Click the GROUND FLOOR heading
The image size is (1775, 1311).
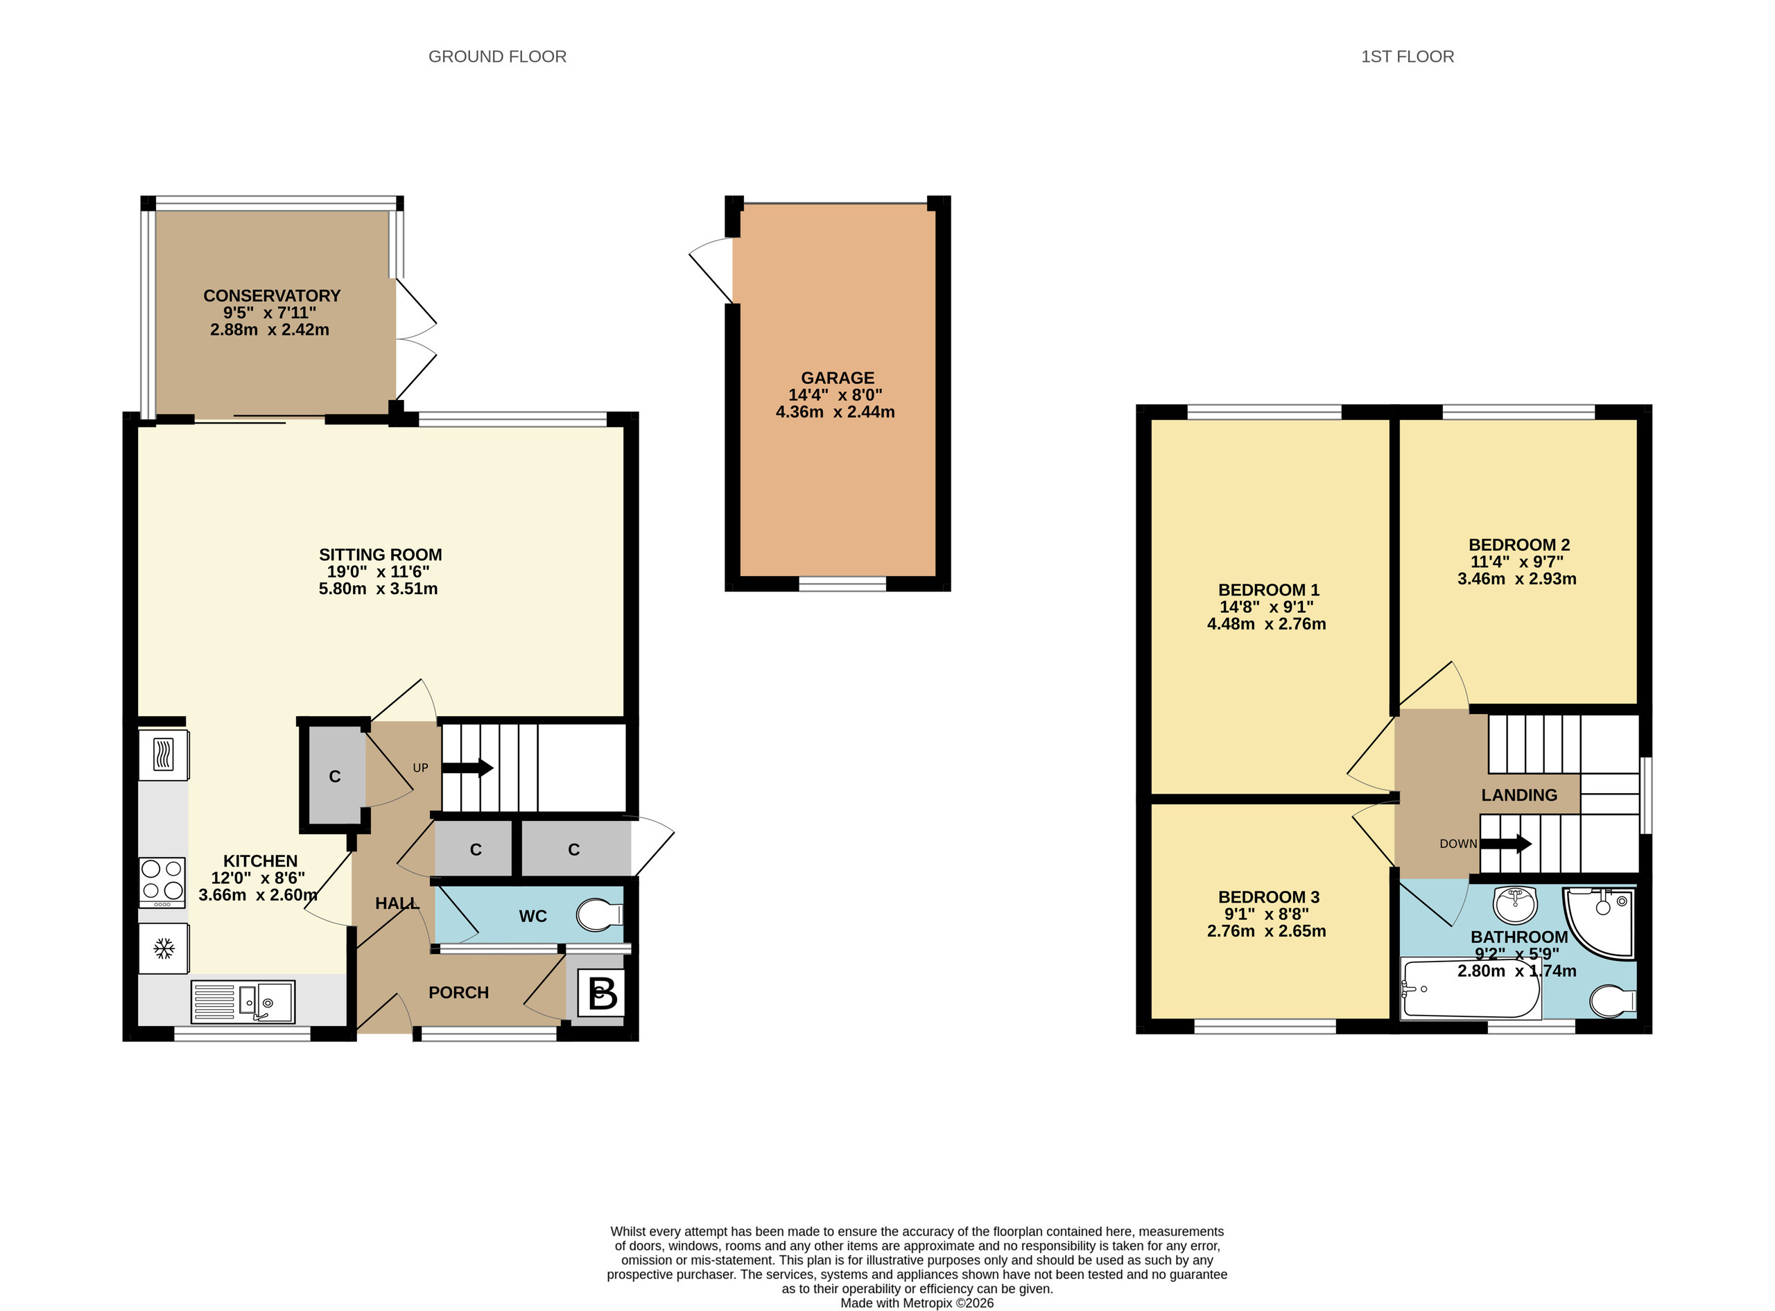pos(498,56)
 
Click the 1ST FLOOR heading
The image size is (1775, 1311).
pos(1408,56)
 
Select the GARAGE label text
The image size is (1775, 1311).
pos(837,378)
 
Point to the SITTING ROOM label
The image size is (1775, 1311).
pos(380,555)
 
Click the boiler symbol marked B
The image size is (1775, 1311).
pos(600,992)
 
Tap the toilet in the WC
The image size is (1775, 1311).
pos(600,914)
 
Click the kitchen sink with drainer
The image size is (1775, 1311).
pos(243,1002)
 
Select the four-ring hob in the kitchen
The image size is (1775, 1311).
pos(163,883)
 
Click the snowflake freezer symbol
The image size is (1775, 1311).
pos(164,948)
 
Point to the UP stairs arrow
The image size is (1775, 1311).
pos(467,767)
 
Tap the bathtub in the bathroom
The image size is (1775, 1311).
pos(1471,989)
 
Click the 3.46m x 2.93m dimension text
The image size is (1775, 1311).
pos(1517,578)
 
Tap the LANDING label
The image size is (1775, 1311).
pos(1518,795)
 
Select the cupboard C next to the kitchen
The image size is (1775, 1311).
pos(335,776)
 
